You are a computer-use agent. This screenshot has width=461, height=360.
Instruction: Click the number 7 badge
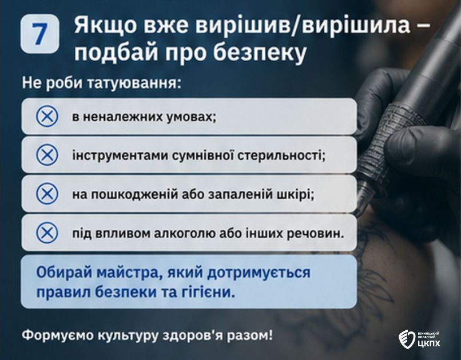click(40, 34)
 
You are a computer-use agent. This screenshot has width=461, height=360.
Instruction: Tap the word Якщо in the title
click(105, 25)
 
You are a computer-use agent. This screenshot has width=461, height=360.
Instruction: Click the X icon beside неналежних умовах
click(47, 116)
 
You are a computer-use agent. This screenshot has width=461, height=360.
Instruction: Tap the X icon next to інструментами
click(47, 155)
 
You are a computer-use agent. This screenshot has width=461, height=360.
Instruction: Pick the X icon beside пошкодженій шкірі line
click(47, 194)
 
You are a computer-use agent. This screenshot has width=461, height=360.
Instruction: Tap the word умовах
click(192, 117)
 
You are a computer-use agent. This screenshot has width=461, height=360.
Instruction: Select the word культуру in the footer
click(128, 335)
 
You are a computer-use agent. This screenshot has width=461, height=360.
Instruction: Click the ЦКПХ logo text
click(429, 343)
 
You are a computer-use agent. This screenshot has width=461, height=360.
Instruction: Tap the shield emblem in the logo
click(407, 339)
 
